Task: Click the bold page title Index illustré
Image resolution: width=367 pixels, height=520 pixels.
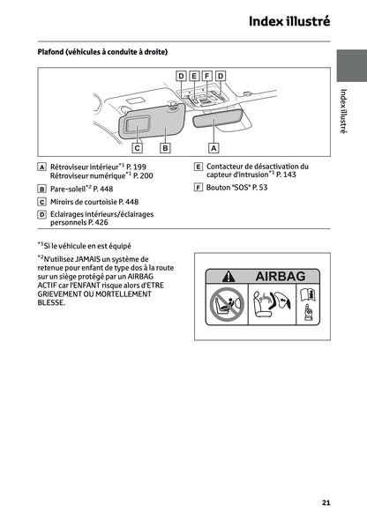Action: click(x=288, y=21)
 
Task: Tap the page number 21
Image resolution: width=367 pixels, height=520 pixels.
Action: click(x=326, y=502)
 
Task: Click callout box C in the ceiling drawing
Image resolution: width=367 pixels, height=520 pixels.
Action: click(x=138, y=147)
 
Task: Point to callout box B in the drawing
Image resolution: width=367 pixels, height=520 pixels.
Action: click(x=164, y=147)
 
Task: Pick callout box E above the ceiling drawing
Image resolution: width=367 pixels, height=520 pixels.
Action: click(x=194, y=77)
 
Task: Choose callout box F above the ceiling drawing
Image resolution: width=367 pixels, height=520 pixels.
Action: click(x=207, y=77)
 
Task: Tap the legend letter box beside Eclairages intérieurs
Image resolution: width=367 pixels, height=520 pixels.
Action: click(x=42, y=214)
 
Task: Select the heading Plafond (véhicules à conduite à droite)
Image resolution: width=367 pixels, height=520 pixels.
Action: click(x=102, y=52)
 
